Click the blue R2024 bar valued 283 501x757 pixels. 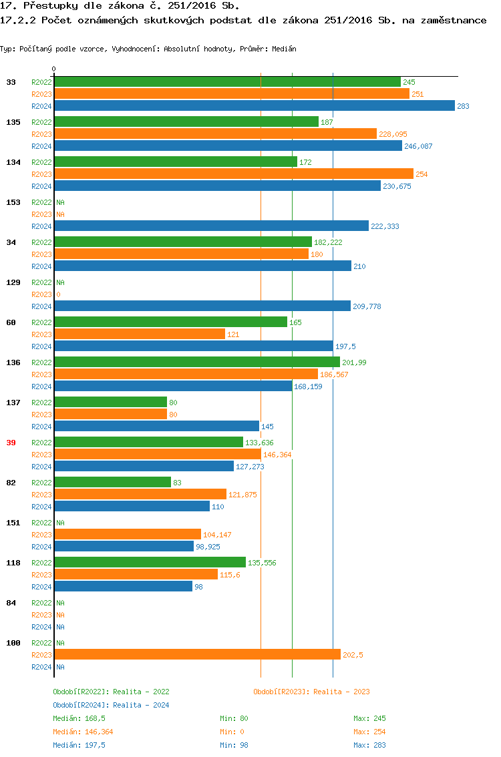click(x=254, y=106)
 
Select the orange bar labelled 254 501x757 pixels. click(x=234, y=174)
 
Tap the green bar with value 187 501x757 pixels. click(x=186, y=122)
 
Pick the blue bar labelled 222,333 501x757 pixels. click(x=211, y=226)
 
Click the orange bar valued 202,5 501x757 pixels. click(x=197, y=655)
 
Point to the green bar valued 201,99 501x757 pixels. click(x=197, y=362)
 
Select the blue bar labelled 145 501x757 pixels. click(x=156, y=427)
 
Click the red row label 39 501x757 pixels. click(x=11, y=443)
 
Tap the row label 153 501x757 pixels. click(x=13, y=202)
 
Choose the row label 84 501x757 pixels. click(x=11, y=603)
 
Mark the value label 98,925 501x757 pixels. click(x=208, y=547)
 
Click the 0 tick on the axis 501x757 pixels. click(x=54, y=69)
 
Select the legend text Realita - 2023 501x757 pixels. click(x=341, y=692)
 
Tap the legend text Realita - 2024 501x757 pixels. click(x=141, y=706)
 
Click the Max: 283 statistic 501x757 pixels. click(x=369, y=746)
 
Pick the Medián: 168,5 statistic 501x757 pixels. click(x=79, y=719)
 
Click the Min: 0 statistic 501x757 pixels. click(x=232, y=732)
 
